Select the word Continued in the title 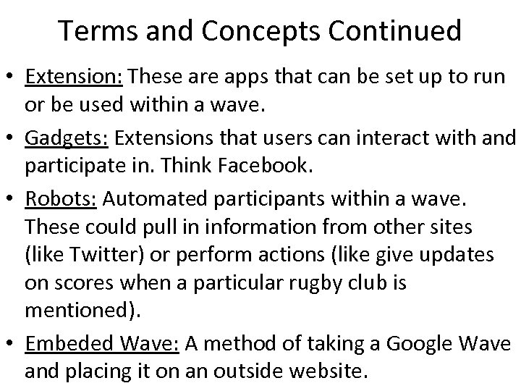point(391,31)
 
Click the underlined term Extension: point(74,77)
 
